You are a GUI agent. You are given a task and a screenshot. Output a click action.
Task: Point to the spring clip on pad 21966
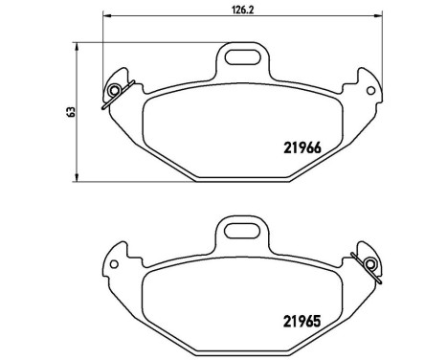pyautogui.click(x=114, y=91)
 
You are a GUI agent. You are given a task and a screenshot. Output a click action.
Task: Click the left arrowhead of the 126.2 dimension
pyautogui.click(x=104, y=16)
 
